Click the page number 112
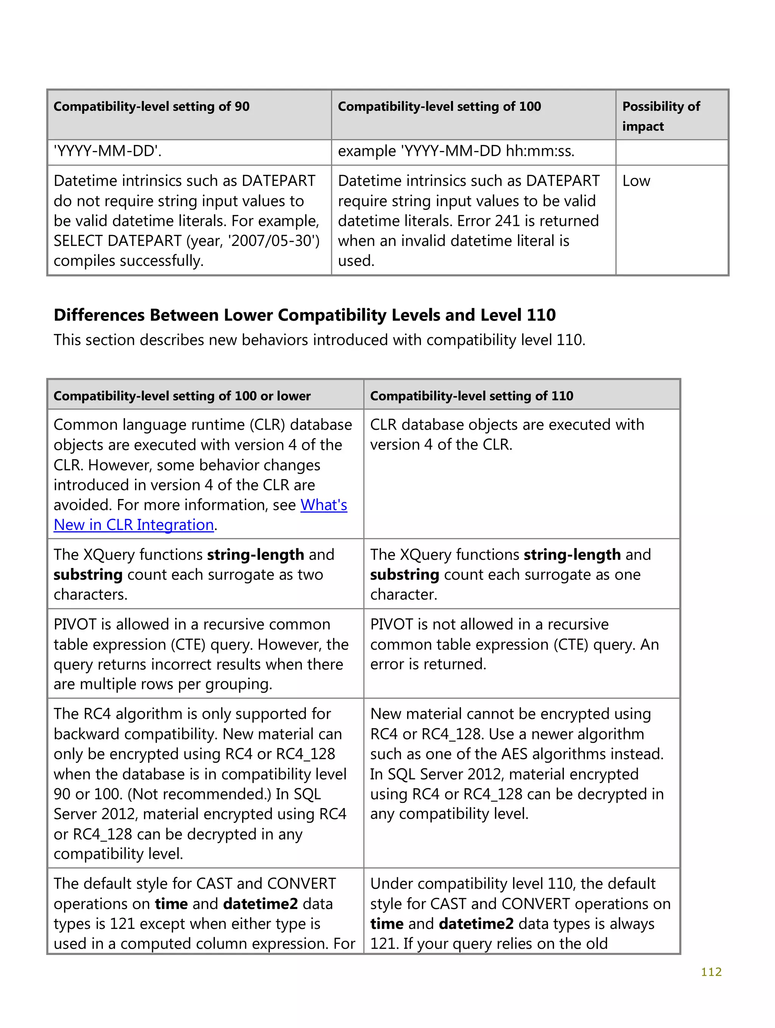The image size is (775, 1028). tap(711, 971)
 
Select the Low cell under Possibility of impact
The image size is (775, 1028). tap(636, 181)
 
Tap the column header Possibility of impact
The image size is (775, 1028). tap(661, 116)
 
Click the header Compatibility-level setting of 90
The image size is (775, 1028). tap(152, 106)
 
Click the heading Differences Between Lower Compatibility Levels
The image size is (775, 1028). tap(305, 315)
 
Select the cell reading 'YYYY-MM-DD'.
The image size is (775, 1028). tap(107, 151)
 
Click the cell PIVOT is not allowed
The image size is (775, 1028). tap(489, 624)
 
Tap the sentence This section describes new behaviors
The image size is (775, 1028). tap(319, 340)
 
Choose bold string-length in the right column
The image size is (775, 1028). tap(572, 554)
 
